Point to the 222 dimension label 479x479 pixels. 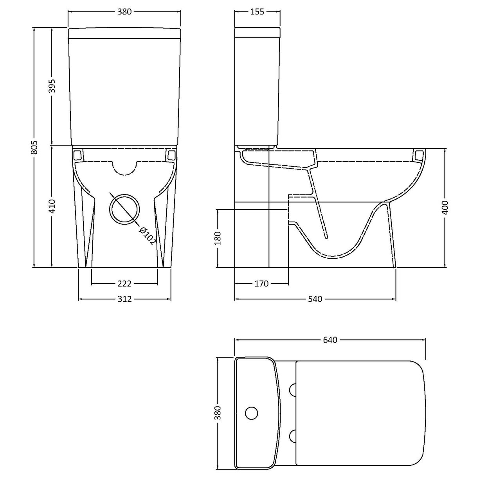(x=124, y=283)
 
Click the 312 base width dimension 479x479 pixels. (x=124, y=299)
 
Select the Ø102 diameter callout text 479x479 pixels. (x=147, y=235)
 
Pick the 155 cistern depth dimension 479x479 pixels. (x=257, y=12)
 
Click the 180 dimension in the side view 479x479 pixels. (x=218, y=239)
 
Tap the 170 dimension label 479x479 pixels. (x=261, y=283)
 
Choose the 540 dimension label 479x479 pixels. (x=315, y=299)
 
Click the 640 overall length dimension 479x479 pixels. (x=330, y=340)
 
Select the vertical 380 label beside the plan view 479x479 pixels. (x=218, y=413)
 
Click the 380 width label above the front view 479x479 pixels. (x=124, y=12)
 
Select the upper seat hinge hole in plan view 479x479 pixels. (x=292, y=389)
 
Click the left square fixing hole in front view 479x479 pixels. (x=77, y=155)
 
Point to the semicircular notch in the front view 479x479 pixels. (x=125, y=167)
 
